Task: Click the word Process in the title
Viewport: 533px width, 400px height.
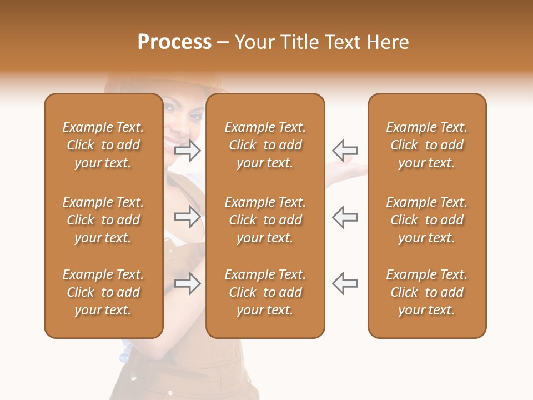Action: click(174, 42)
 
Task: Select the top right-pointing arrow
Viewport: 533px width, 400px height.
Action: click(188, 150)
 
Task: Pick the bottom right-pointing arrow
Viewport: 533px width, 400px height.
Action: click(188, 283)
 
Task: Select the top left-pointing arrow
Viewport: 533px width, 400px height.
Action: click(345, 150)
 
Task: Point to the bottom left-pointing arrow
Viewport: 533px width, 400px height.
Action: click(345, 283)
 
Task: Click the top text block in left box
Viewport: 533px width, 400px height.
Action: click(103, 145)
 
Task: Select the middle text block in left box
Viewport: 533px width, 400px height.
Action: click(103, 220)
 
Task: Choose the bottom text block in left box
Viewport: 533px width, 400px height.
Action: click(103, 292)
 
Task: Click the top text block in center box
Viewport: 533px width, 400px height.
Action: click(265, 145)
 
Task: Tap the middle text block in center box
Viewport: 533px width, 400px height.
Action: click(265, 220)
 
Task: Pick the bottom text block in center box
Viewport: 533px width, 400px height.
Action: click(265, 292)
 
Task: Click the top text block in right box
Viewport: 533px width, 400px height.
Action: click(426, 145)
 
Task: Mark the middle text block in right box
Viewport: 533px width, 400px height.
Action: click(426, 220)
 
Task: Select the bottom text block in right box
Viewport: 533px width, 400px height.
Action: click(426, 292)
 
